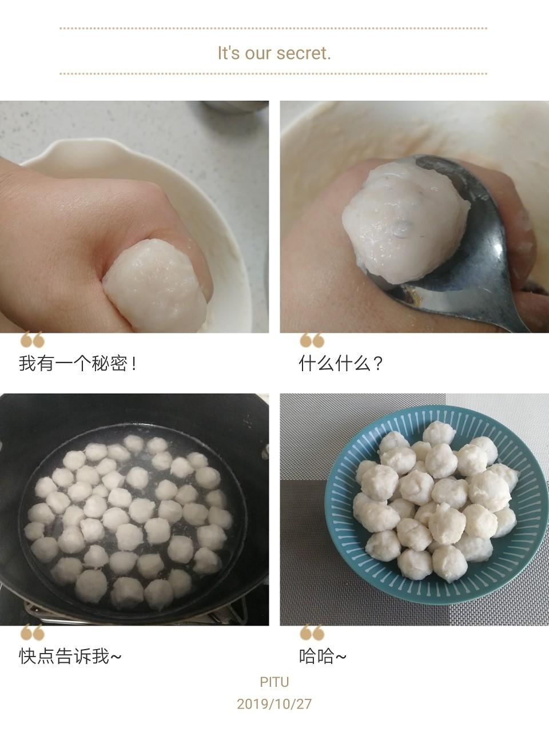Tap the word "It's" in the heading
[228, 53]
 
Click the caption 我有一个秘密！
[78, 363]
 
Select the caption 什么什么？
[341, 363]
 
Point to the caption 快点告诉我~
[70, 656]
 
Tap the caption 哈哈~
[323, 656]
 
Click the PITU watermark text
[274, 682]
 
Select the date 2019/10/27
[274, 704]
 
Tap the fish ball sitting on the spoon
[405, 222]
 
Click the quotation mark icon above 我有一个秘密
[32, 340]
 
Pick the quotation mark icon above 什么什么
[312, 340]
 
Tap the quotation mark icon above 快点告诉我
[32, 632]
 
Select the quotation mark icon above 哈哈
[312, 632]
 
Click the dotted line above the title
[273, 29]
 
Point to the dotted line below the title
[273, 73]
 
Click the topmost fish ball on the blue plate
[439, 433]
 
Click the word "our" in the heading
[258, 53]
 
